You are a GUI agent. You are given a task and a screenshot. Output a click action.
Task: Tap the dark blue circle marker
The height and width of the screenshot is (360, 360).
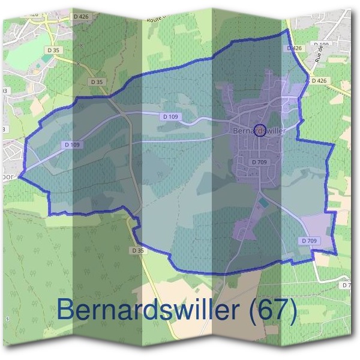(260, 130)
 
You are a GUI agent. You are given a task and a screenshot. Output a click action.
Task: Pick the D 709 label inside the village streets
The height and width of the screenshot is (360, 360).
(259, 162)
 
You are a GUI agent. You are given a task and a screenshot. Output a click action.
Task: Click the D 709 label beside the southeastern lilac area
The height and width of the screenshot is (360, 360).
(310, 241)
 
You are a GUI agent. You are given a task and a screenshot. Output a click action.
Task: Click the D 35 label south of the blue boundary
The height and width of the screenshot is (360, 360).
(138, 250)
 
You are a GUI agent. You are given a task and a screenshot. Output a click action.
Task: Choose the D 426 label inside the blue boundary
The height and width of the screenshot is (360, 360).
(294, 48)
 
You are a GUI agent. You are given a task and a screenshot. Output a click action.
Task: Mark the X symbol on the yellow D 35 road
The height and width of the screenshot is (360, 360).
(78, 63)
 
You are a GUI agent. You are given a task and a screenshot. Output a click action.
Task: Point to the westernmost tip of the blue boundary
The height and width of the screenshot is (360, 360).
(19, 176)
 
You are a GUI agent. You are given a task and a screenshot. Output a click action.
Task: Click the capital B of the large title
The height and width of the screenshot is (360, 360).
(67, 311)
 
